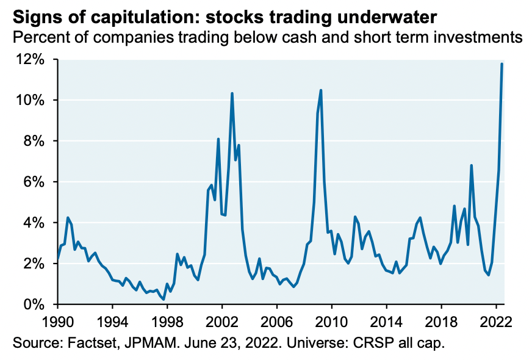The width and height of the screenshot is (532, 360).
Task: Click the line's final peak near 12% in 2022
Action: [501, 63]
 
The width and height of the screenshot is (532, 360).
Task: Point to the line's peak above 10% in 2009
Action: [321, 90]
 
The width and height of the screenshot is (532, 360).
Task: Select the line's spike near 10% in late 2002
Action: [232, 93]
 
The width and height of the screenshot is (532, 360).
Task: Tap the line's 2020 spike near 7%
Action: [472, 165]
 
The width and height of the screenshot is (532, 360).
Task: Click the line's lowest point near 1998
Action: [164, 299]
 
